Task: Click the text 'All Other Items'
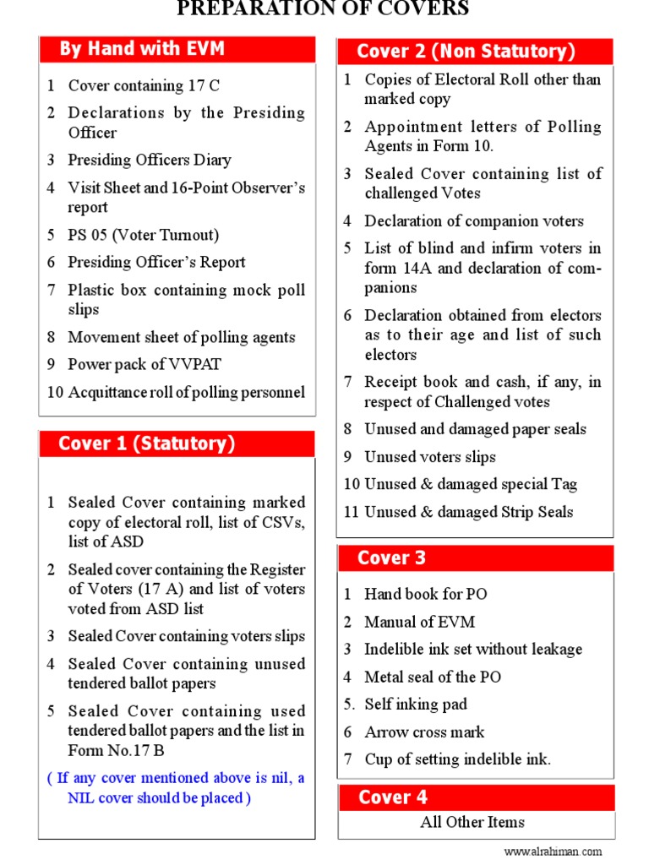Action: pyautogui.click(x=472, y=822)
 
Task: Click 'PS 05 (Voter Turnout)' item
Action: pyautogui.click(x=143, y=235)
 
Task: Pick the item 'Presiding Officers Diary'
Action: pyautogui.click(x=150, y=160)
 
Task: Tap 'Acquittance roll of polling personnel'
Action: pyautogui.click(x=186, y=392)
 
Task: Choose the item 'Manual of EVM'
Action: pyautogui.click(x=419, y=622)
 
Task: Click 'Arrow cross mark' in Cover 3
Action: pyautogui.click(x=424, y=732)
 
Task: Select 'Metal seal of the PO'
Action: pyautogui.click(x=432, y=677)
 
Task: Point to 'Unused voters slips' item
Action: pyautogui.click(x=430, y=457)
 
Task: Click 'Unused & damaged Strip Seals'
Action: pyautogui.click(x=468, y=512)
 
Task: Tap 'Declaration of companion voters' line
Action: pyautogui.click(x=473, y=221)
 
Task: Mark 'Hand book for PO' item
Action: pyautogui.click(x=425, y=594)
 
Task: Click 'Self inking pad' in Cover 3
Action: pyautogui.click(x=415, y=705)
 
